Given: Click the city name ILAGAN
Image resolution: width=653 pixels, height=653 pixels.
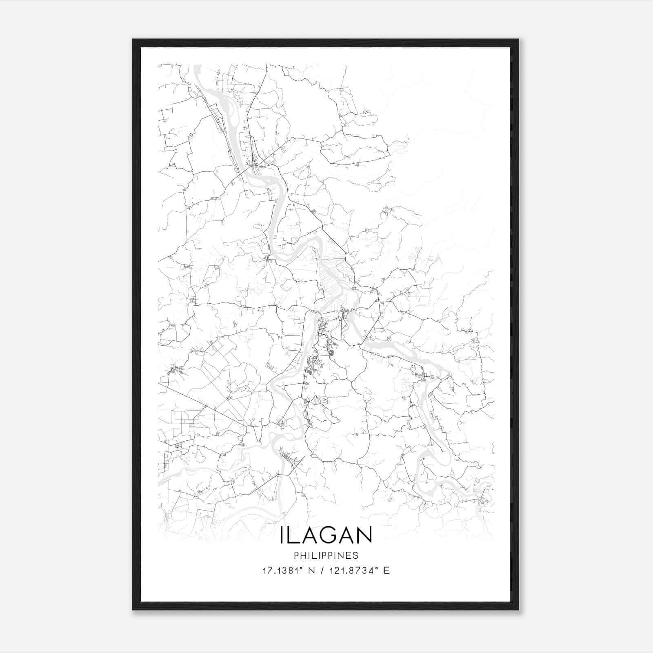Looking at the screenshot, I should [326, 535].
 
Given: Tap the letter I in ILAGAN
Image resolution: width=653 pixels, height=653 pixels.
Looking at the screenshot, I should [282, 535].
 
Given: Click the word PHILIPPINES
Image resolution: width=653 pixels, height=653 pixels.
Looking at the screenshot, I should [326, 555].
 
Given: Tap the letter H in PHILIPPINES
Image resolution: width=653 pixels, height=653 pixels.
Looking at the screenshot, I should [302, 555].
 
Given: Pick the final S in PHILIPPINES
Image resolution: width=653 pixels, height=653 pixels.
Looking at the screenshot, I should [356, 555].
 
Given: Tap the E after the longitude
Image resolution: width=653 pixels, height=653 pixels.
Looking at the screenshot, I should [386, 571].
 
